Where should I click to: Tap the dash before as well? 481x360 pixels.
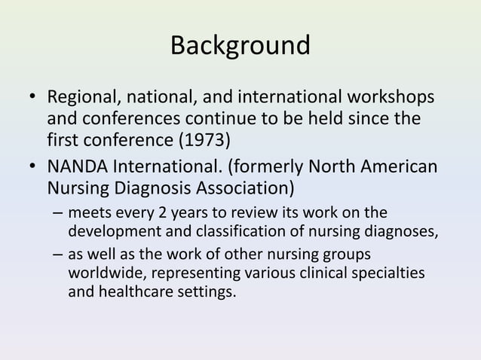coord(58,257)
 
